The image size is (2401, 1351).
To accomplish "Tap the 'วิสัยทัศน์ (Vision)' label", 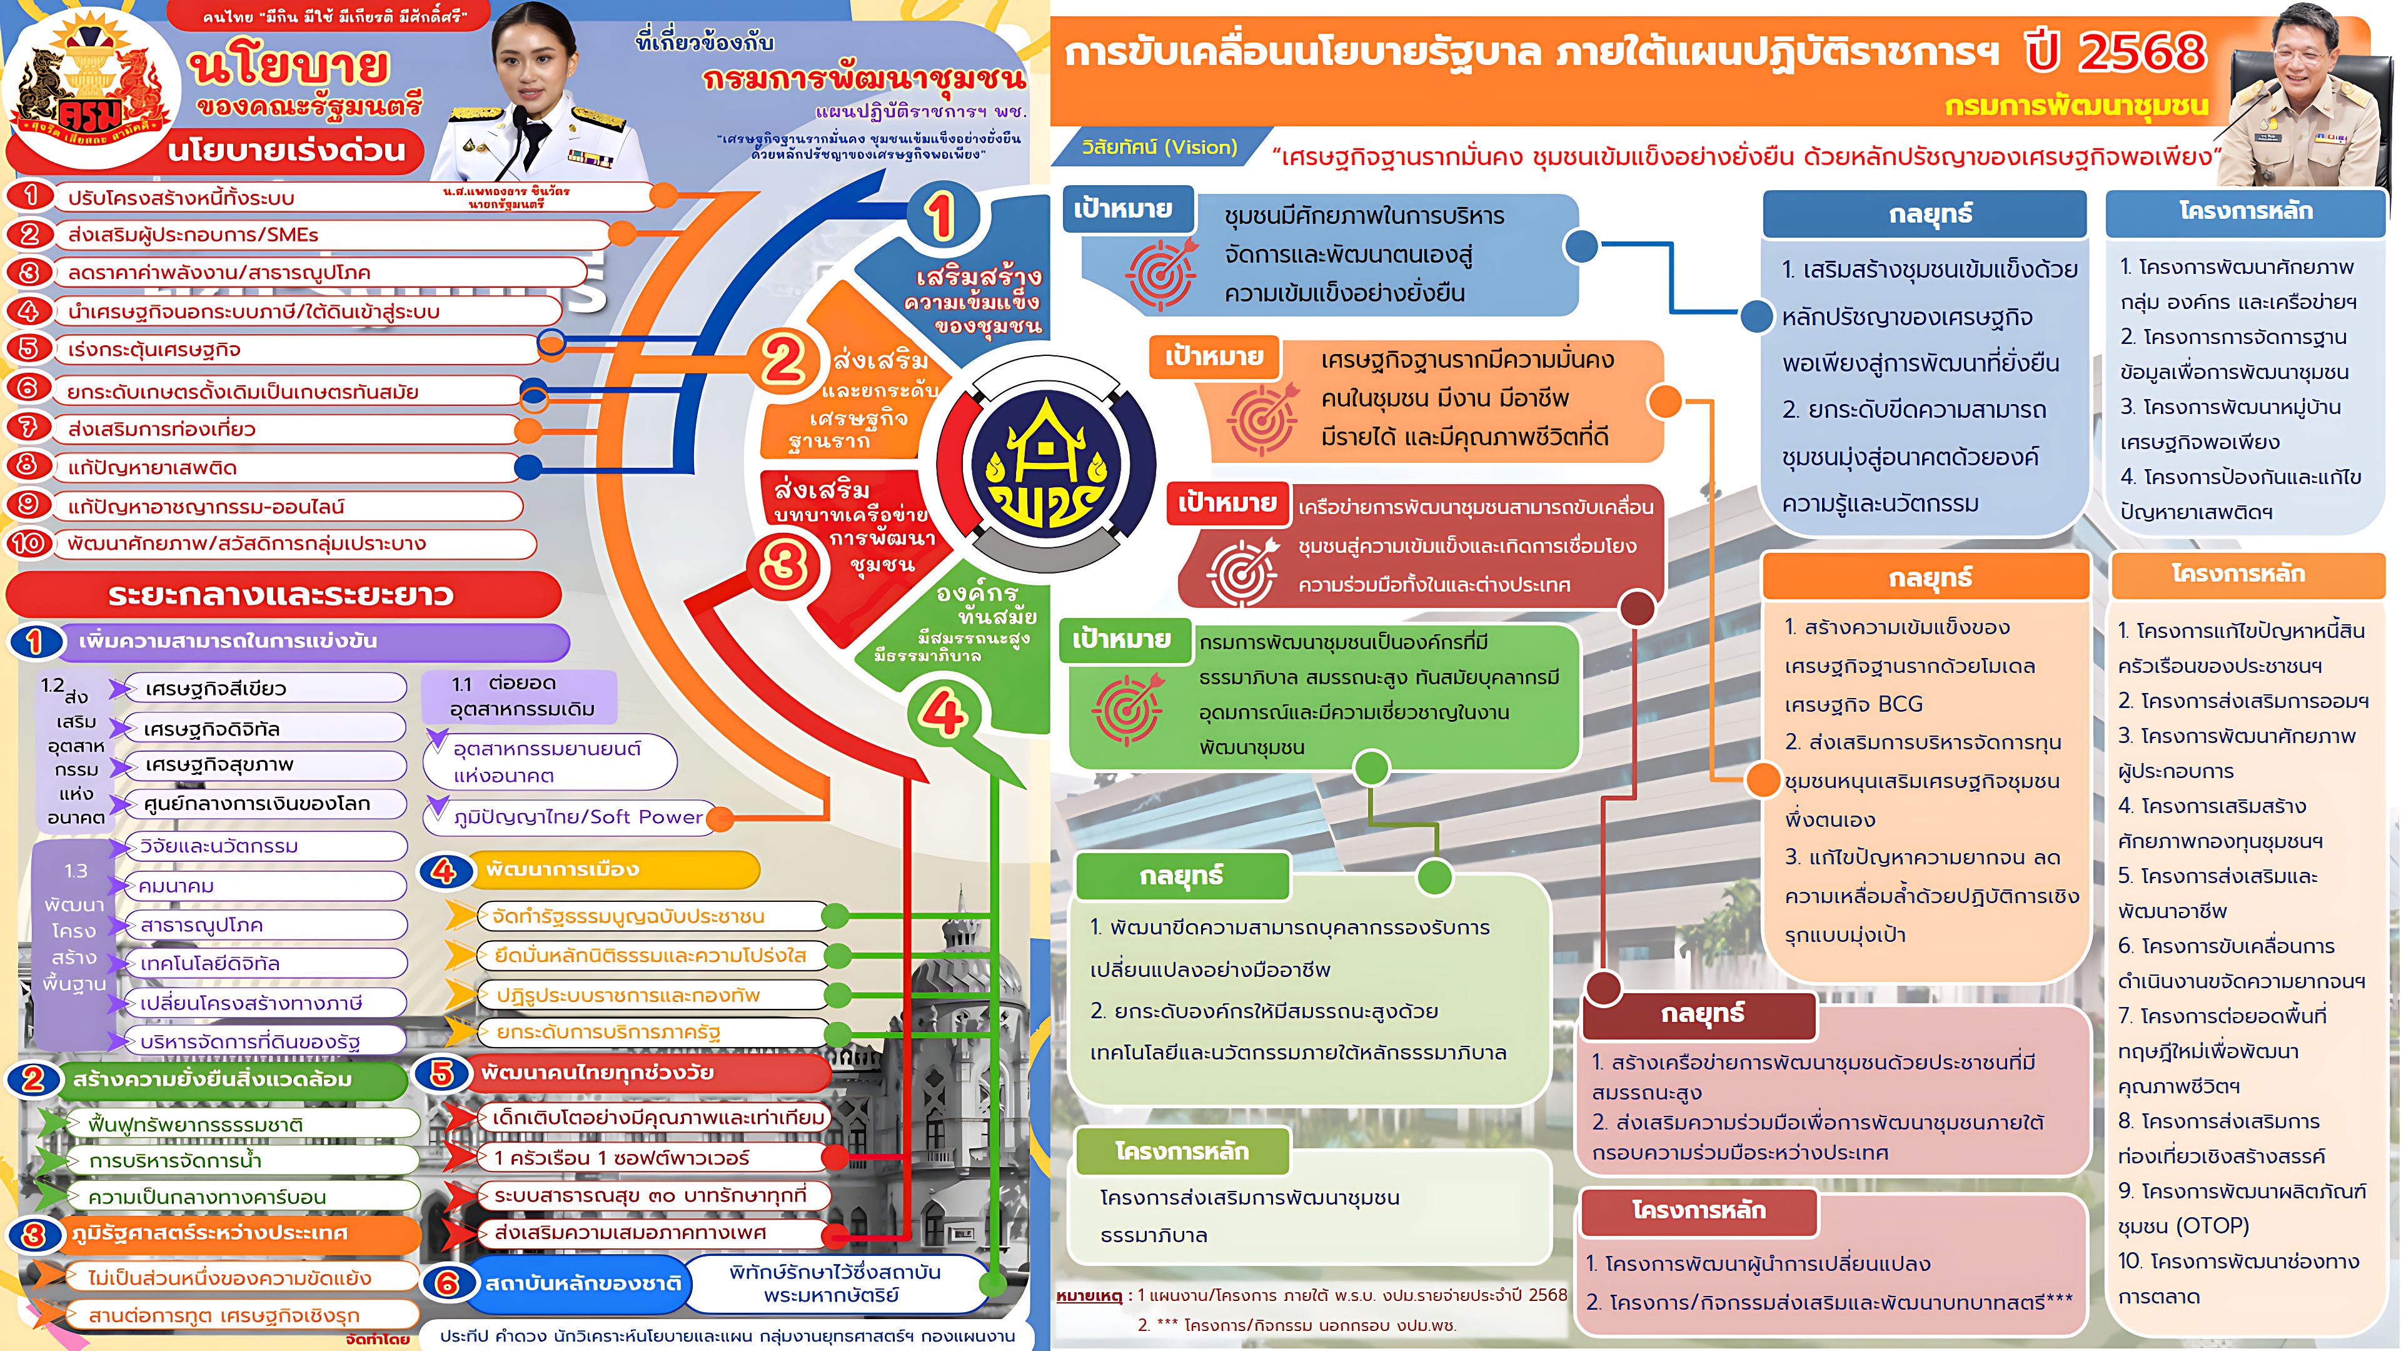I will tap(1159, 148).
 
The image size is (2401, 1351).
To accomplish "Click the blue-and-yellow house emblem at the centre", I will tap(1046, 464).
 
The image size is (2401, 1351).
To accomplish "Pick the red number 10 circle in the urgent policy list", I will tap(29, 543).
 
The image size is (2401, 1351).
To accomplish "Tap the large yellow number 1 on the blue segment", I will tap(942, 215).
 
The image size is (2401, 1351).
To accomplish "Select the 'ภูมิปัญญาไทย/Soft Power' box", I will tap(578, 817).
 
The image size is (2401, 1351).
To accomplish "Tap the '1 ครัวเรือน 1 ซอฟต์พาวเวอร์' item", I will tap(622, 1158).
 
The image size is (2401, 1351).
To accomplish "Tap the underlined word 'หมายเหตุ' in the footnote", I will tap(1088, 1295).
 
